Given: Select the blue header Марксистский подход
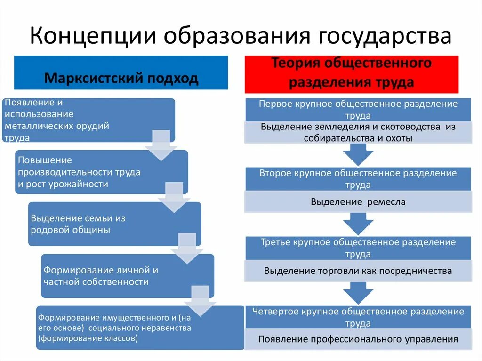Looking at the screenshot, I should [x=121, y=78].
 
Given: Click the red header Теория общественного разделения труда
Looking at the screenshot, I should [x=351, y=73].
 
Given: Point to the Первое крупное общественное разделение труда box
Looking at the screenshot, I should [x=358, y=109].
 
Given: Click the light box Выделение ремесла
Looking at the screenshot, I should [x=358, y=202].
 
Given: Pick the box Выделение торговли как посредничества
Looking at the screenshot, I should [x=358, y=271].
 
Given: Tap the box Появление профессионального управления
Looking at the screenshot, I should [x=358, y=339].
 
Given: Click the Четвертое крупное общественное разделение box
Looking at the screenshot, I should [x=358, y=317].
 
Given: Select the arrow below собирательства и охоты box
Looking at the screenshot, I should [x=358, y=154].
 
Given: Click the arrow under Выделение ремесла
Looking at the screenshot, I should [x=358, y=223].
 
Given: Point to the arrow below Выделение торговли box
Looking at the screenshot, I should [x=358, y=292].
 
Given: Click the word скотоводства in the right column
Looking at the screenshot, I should [x=414, y=127].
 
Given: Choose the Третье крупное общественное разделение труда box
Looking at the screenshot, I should [x=358, y=248].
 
